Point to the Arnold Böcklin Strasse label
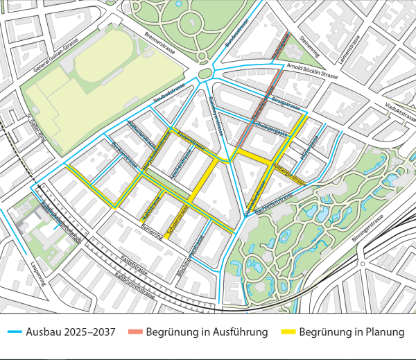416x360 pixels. (x=311, y=70)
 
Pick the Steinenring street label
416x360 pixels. (x=308, y=45)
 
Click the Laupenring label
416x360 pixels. (x=37, y=273)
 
